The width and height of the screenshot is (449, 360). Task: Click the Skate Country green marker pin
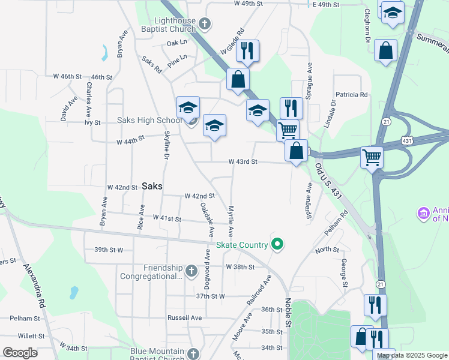[277, 244]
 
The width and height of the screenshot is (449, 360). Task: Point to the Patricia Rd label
[351, 95]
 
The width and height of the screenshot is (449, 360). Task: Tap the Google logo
[20, 353]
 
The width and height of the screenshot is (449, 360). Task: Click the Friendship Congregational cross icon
[191, 272]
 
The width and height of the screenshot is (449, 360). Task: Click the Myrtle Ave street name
[229, 220]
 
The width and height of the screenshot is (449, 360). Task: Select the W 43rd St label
[243, 162]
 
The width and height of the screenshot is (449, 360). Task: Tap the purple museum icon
[424, 214]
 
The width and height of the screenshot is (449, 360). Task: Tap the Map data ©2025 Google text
[411, 355]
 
